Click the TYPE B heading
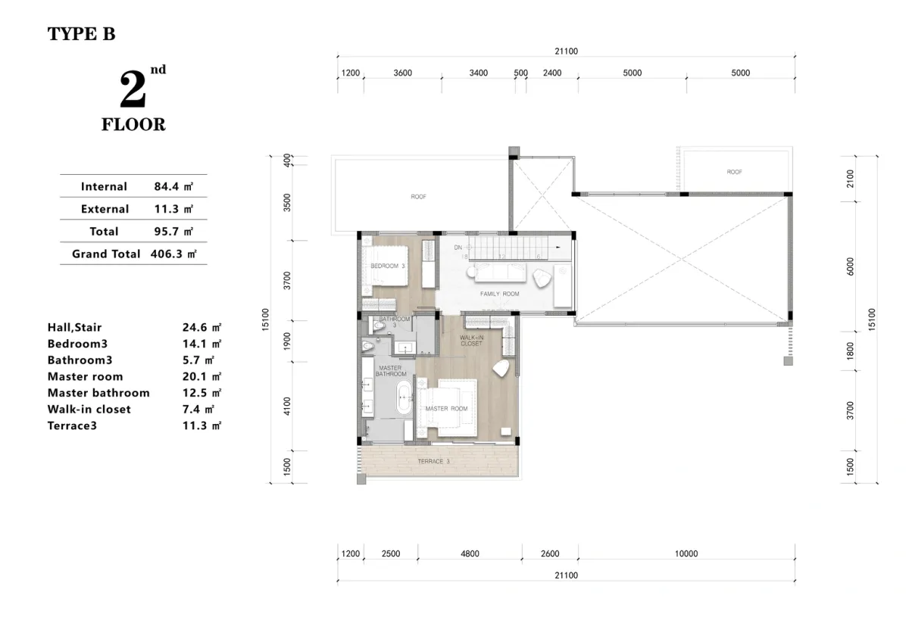[x=82, y=33]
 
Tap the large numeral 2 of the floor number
[x=133, y=89]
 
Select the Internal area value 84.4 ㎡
[x=173, y=186]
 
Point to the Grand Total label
[x=106, y=254]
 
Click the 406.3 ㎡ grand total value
[x=173, y=254]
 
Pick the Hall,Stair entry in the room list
[x=75, y=327]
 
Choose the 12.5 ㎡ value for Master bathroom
[x=201, y=393]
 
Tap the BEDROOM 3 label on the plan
[x=388, y=266]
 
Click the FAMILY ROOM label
[x=499, y=294]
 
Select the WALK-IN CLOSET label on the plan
[x=471, y=340]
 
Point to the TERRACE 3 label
[x=433, y=461]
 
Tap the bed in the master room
[x=447, y=408]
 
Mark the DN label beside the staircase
[x=458, y=248]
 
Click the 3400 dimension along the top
[x=479, y=73]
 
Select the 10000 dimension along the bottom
[x=686, y=553]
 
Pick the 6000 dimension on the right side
[x=850, y=267]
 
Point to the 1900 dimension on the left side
[x=287, y=341]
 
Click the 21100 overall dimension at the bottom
[x=566, y=575]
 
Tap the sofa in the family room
[x=501, y=272]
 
